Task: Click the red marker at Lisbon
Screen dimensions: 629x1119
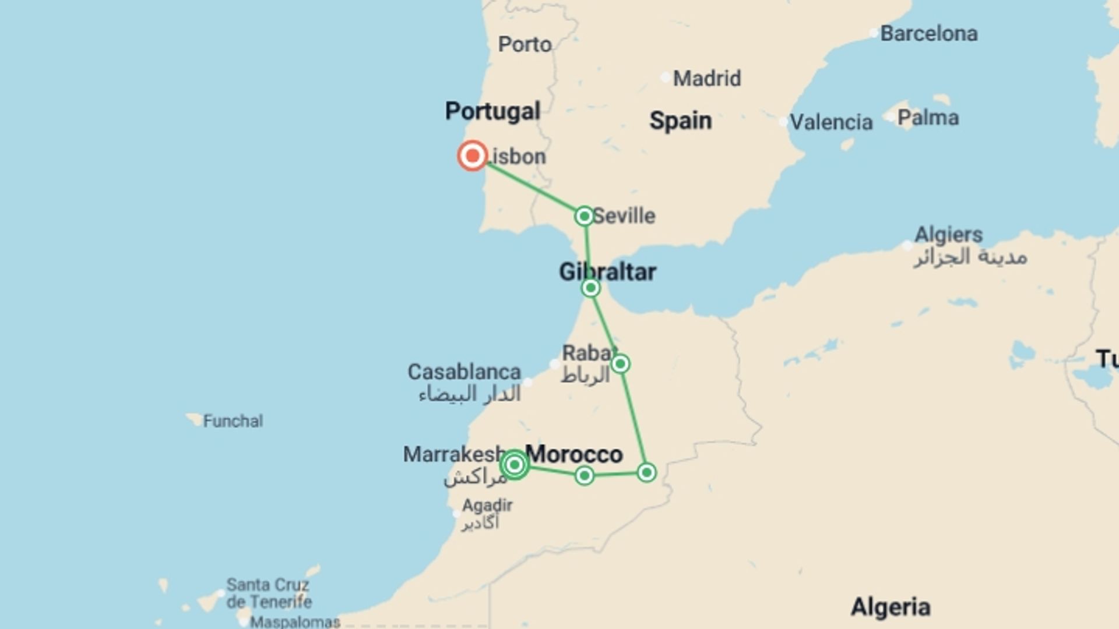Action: coord(472,156)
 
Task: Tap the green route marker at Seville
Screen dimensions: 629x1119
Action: coord(584,216)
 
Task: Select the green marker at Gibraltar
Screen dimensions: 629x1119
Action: coord(590,288)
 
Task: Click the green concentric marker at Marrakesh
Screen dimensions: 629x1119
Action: coord(514,465)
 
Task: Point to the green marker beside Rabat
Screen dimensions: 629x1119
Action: coord(620,364)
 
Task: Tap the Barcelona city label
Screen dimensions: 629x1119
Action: coord(928,34)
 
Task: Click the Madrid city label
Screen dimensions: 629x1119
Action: coord(706,78)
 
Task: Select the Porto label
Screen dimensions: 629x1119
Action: coord(525,44)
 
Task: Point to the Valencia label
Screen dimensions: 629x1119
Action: coord(831,122)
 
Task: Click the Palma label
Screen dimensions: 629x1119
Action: coord(928,118)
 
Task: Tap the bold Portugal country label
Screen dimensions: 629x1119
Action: coord(492,111)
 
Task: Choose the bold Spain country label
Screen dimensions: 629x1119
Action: coord(680,121)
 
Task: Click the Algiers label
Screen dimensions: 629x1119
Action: coord(948,235)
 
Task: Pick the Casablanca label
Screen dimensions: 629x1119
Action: coord(464,372)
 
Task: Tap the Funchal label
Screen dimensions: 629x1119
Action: coord(233,420)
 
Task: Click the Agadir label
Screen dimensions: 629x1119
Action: coord(487,505)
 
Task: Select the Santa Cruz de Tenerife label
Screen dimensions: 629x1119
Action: coord(269,593)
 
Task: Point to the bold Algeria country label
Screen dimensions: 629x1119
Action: coord(890,607)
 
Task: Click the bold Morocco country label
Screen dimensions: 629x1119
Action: coord(574,454)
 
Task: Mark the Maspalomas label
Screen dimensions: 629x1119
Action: coord(295,622)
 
